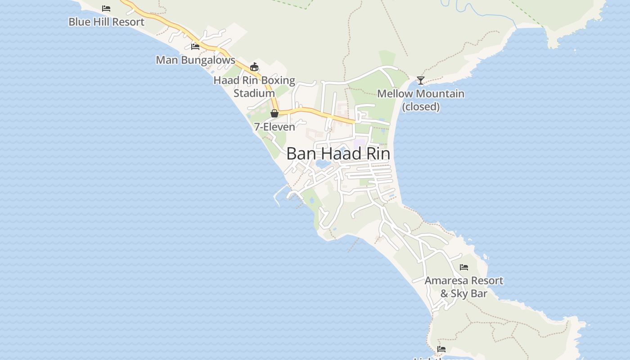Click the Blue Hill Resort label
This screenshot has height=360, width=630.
click(x=106, y=22)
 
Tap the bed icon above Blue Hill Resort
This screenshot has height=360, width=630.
click(x=106, y=8)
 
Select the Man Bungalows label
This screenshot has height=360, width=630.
click(x=195, y=60)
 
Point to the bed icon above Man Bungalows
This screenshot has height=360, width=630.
click(x=195, y=46)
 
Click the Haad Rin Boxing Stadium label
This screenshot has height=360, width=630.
click(x=254, y=87)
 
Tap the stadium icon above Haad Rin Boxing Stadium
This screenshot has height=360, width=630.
click(x=254, y=67)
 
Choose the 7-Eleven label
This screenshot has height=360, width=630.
click(x=274, y=127)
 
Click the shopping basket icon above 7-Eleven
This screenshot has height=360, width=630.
click(x=274, y=113)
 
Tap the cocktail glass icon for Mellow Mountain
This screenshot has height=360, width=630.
click(x=421, y=81)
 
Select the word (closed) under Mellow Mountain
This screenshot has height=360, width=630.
click(x=421, y=107)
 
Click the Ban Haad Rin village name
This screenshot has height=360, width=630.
click(x=338, y=154)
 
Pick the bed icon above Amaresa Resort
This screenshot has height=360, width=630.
click(x=464, y=267)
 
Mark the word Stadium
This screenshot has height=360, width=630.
click(x=254, y=93)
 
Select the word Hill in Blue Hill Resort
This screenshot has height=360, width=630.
click(x=106, y=22)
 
